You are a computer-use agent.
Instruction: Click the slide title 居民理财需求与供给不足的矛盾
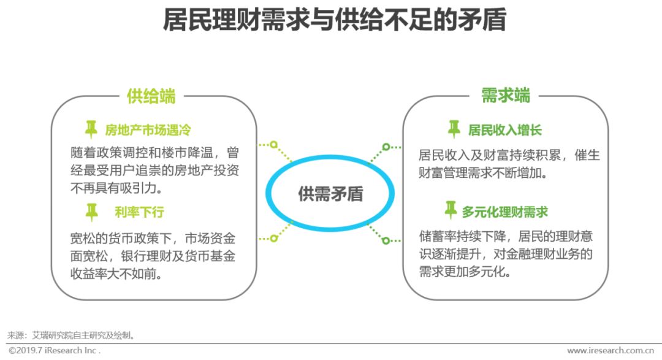(334, 20)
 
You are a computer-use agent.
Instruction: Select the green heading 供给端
(151, 96)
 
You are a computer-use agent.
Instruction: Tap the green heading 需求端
(505, 96)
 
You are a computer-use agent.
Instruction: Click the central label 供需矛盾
(330, 194)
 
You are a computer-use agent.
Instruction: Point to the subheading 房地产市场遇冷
(148, 130)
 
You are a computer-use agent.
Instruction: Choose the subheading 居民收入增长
(505, 130)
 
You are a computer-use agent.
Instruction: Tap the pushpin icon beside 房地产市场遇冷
(91, 129)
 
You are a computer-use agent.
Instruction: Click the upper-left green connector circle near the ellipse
(273, 145)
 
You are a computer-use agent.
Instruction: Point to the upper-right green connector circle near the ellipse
(386, 147)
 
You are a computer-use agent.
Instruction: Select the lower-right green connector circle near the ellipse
(386, 240)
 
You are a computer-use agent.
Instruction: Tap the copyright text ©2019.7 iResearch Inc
(54, 351)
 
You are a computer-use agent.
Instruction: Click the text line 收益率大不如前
(117, 274)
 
